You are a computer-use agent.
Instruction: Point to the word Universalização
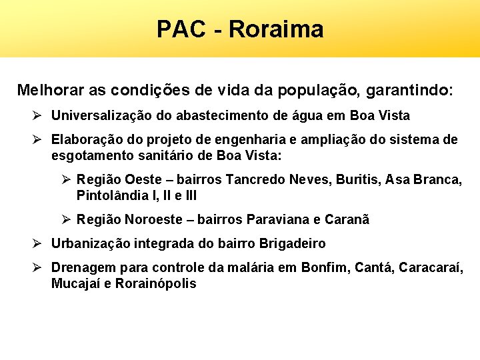[103, 116]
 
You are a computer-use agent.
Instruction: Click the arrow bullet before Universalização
[37, 115]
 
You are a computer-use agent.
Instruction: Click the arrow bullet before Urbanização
[37, 243]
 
